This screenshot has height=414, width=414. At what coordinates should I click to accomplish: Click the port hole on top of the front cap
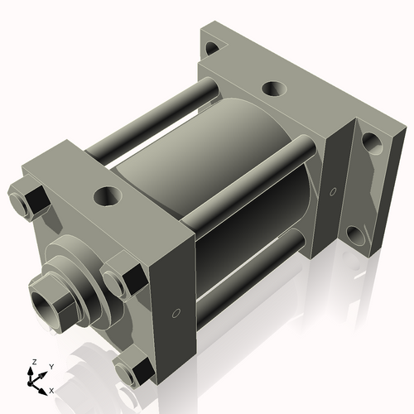pyautogui.click(x=107, y=196)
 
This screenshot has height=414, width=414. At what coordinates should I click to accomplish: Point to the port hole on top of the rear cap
pyautogui.click(x=271, y=88)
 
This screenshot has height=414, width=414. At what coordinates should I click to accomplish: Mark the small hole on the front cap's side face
pyautogui.click(x=176, y=314)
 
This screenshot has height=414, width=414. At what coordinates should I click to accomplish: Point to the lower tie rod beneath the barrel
pyautogui.click(x=248, y=265)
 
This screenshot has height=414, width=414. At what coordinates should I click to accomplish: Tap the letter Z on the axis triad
pyautogui.click(x=33, y=363)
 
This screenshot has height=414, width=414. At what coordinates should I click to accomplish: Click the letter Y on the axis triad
pyautogui.click(x=51, y=366)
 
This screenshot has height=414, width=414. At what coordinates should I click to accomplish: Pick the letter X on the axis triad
pyautogui.click(x=52, y=389)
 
